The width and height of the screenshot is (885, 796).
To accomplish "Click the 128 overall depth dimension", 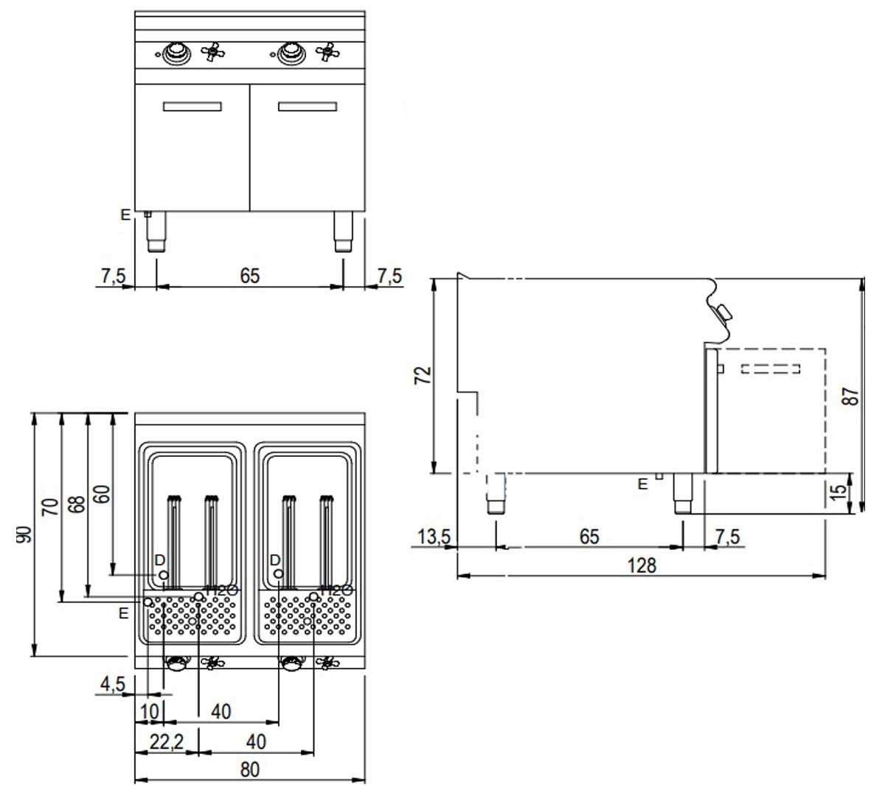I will click(x=642, y=565).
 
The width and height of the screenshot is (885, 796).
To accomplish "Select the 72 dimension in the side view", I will click(x=423, y=374).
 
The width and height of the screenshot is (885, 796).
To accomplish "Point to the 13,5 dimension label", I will click(x=433, y=537).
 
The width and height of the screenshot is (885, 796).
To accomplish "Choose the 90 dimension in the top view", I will click(x=24, y=534).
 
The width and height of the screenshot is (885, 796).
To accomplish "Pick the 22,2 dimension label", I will click(x=166, y=741).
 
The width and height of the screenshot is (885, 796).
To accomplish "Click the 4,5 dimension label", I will click(x=112, y=684).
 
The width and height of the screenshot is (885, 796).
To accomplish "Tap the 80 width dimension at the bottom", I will click(x=250, y=769).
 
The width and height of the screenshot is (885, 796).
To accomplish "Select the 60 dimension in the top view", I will click(x=103, y=493).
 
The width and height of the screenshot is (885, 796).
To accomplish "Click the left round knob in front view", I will click(x=176, y=52).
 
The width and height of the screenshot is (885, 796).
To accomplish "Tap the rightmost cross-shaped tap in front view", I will click(x=327, y=52).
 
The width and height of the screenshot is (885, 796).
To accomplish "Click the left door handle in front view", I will click(x=192, y=106).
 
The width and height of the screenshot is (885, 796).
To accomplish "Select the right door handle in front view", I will click(x=308, y=106).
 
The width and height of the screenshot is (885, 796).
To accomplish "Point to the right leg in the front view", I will click(x=343, y=231).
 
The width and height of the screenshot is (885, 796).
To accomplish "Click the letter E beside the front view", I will click(x=125, y=215).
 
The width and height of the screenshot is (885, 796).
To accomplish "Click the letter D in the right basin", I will click(x=275, y=561).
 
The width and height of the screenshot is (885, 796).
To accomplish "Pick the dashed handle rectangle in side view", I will click(x=770, y=368).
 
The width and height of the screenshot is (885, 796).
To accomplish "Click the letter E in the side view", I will click(x=643, y=484).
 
